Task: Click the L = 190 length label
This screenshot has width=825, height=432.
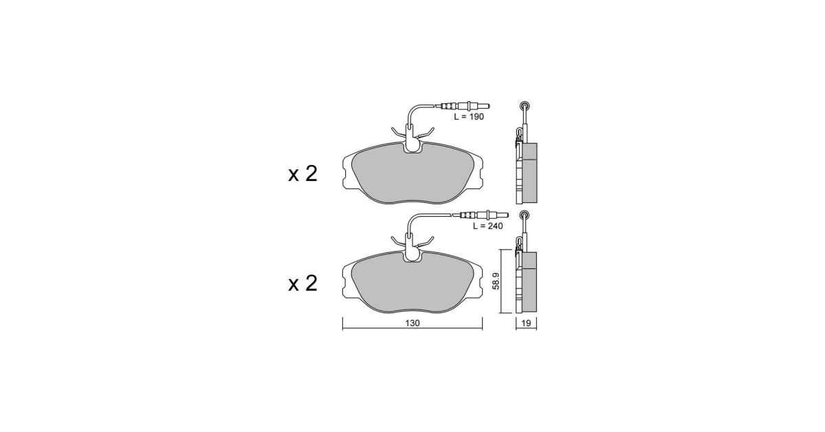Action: tap(468, 117)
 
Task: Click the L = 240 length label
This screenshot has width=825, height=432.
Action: tap(487, 226)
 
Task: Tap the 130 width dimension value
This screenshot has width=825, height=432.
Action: tap(412, 323)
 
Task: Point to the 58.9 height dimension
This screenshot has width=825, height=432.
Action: tap(496, 281)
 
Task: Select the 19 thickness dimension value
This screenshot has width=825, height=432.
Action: tap(526, 323)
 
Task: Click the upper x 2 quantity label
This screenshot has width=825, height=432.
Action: tap(302, 174)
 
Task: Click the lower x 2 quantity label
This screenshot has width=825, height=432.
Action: tap(302, 283)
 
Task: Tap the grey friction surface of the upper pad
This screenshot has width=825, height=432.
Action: tap(412, 175)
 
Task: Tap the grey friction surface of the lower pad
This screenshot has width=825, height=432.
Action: tap(412, 285)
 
